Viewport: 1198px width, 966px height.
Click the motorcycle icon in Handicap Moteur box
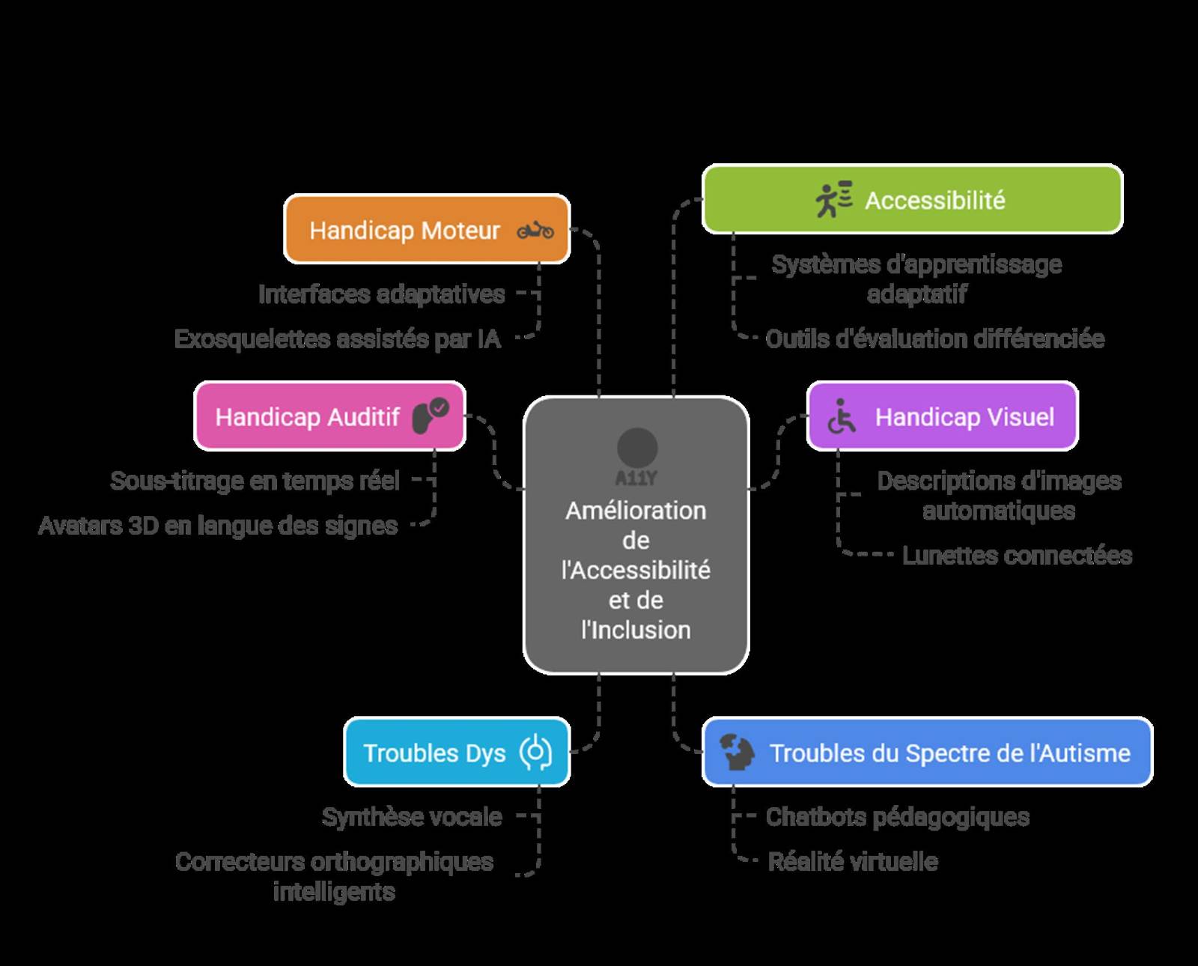point(535,230)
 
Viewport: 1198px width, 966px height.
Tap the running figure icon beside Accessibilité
point(833,199)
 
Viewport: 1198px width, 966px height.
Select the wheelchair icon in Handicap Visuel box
point(842,416)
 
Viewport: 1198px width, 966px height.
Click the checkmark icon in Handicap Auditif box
point(440,407)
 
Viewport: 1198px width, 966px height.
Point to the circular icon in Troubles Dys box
point(535,753)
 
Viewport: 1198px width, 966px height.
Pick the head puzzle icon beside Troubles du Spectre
point(738,752)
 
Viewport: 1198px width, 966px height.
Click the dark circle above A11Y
point(637,448)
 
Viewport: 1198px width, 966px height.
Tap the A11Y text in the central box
point(636,478)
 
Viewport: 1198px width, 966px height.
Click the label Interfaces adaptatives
point(381,294)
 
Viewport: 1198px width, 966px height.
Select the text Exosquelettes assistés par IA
point(337,339)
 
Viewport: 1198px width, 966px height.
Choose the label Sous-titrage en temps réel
point(255,481)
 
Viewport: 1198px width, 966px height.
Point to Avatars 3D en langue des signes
point(218,526)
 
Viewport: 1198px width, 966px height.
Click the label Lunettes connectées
point(1017,556)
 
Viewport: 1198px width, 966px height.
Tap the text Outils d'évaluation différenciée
point(934,339)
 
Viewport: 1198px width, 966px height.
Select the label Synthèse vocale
point(412,817)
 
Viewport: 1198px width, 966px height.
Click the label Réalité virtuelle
point(853,862)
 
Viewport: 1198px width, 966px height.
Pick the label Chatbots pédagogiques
point(897,817)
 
